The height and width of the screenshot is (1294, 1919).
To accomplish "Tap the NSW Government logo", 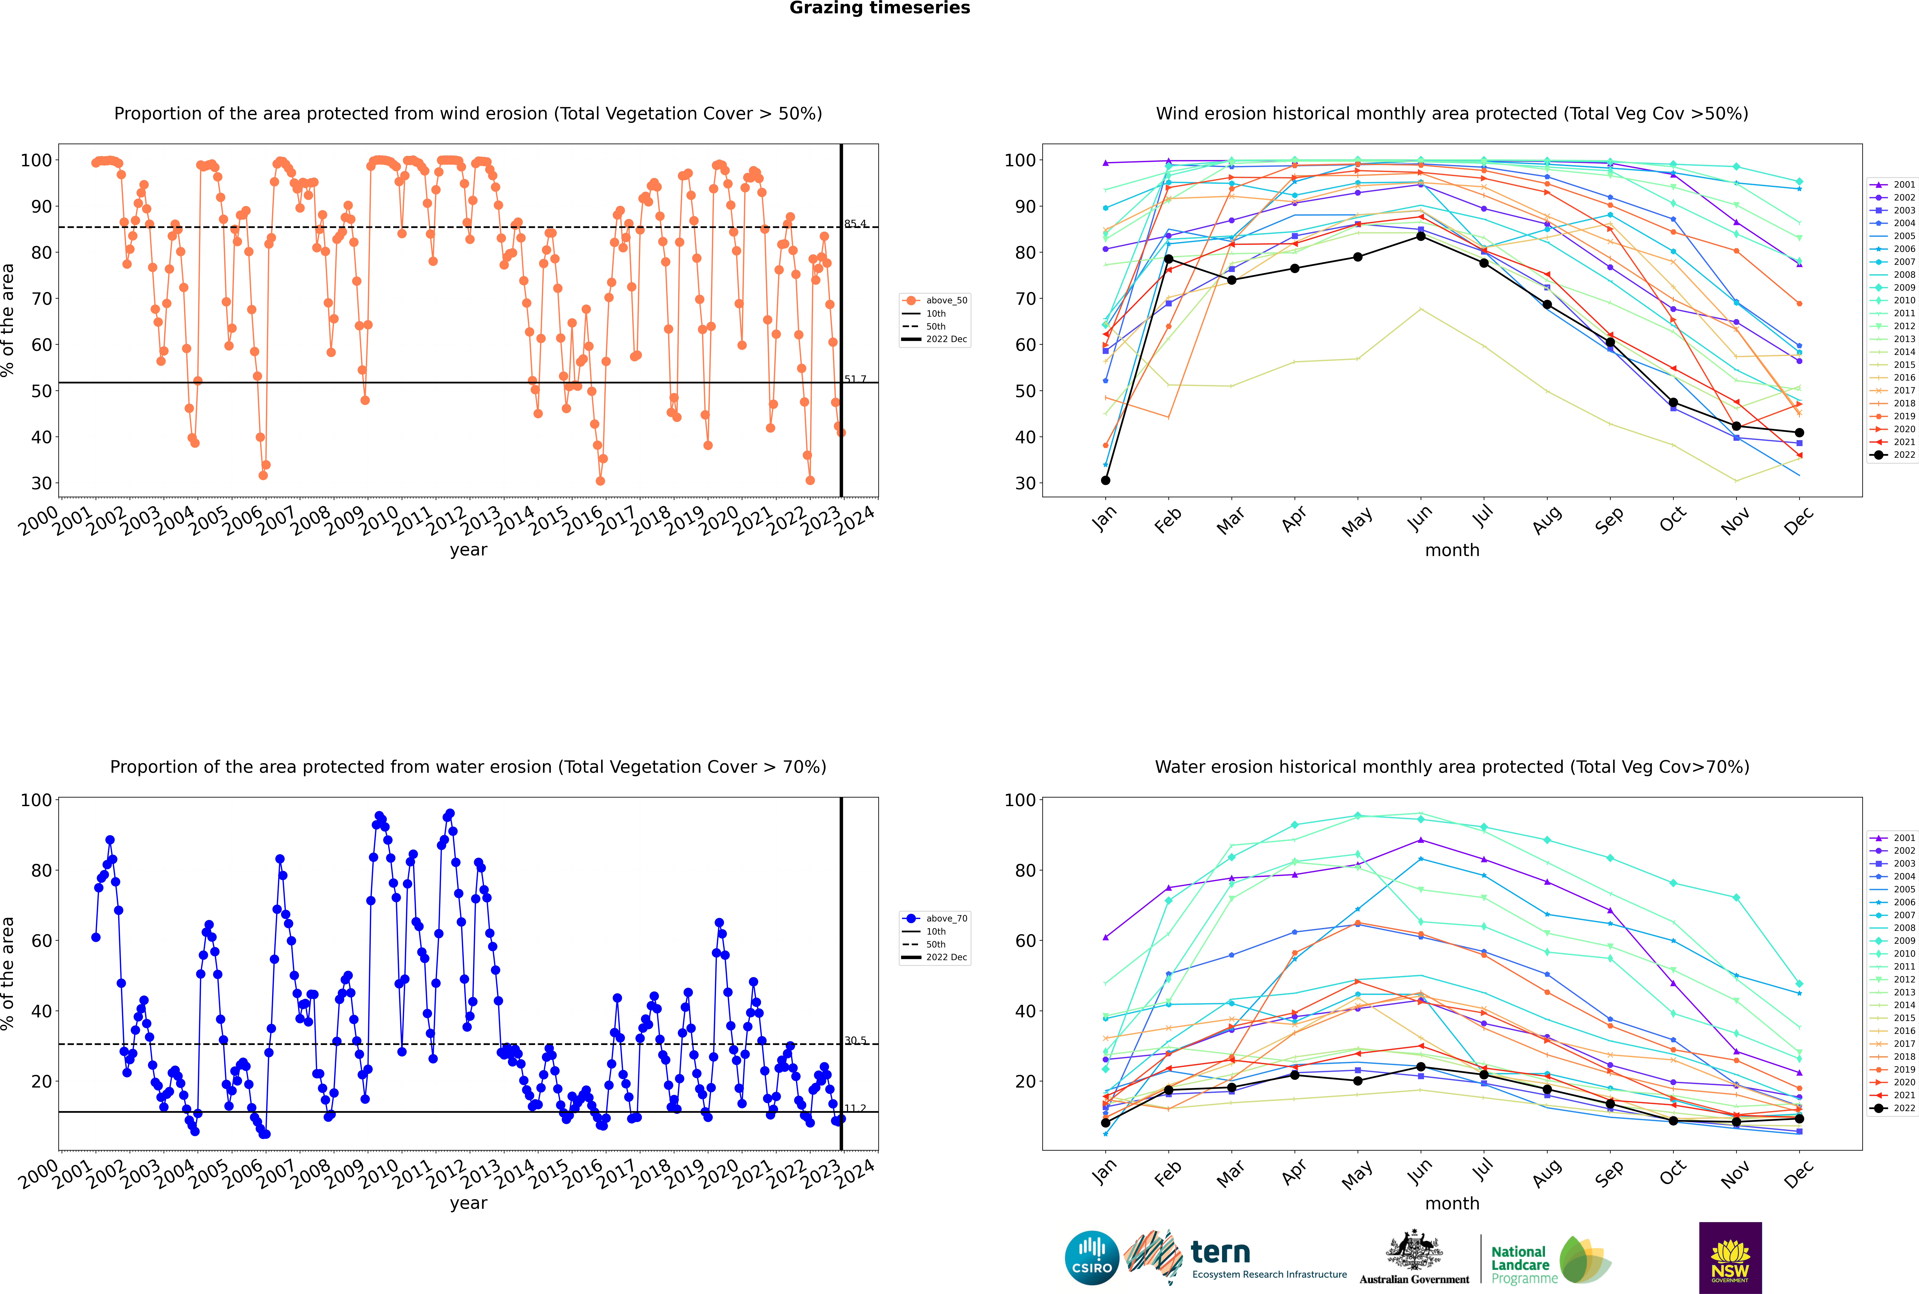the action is (x=1730, y=1257).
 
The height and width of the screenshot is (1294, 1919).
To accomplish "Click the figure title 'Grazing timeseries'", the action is (x=880, y=8).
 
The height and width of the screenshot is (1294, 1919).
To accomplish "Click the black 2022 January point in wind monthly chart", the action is (x=1106, y=480).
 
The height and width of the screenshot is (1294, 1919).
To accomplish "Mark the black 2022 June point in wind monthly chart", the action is (x=1421, y=236).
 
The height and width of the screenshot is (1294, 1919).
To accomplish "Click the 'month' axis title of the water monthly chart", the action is (x=1452, y=1204).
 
